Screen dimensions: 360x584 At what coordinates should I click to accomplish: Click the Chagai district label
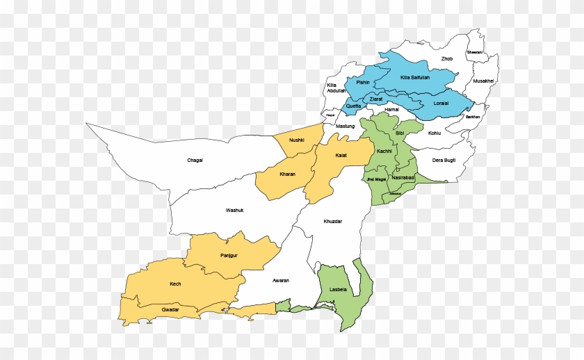195,161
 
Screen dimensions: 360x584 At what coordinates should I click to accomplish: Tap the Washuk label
234,210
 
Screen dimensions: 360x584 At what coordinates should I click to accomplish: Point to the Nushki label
297,140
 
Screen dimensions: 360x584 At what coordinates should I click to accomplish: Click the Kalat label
341,155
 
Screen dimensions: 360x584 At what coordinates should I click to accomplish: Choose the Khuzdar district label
333,221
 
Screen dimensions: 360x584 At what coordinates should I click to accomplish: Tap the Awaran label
280,280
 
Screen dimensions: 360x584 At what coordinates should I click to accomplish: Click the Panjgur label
229,256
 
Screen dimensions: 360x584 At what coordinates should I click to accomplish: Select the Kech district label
175,284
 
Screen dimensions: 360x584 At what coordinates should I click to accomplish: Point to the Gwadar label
170,309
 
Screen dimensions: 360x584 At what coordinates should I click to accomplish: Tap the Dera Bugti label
444,161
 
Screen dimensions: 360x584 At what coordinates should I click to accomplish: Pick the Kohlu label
435,132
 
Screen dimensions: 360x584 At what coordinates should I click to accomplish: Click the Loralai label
441,103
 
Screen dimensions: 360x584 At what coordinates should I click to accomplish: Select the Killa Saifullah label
415,77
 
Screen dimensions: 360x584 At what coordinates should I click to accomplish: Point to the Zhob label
447,59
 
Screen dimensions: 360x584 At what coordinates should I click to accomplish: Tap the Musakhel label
483,81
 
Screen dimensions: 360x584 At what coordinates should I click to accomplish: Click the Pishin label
363,83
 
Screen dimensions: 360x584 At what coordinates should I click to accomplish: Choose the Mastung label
345,126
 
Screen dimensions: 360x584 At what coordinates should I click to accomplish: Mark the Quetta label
353,106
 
